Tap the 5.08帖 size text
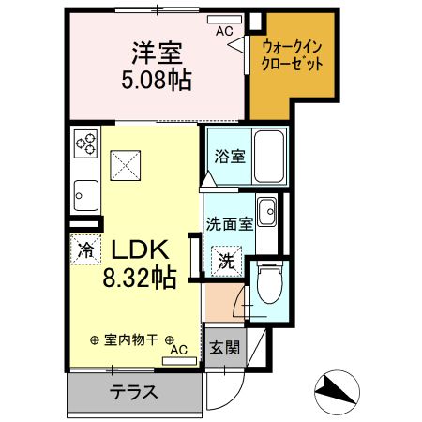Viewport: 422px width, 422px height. pos(157,81)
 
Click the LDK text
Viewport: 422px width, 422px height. pos(140,249)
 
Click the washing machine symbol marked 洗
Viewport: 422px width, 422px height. pos(228,260)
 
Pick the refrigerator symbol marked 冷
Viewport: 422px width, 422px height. pos(84,249)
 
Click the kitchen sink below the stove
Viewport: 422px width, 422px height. pos(85,195)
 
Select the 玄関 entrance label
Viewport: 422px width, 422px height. pos(223,348)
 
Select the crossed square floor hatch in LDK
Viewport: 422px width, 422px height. pos(127,166)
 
